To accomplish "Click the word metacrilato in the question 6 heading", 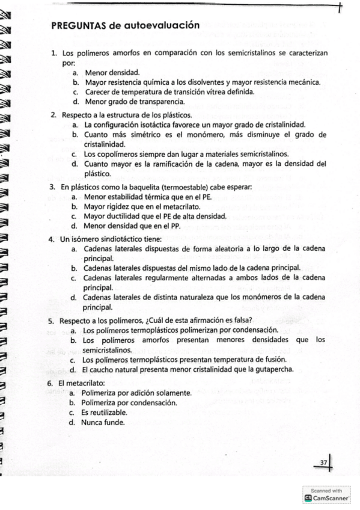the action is click(85, 383).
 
